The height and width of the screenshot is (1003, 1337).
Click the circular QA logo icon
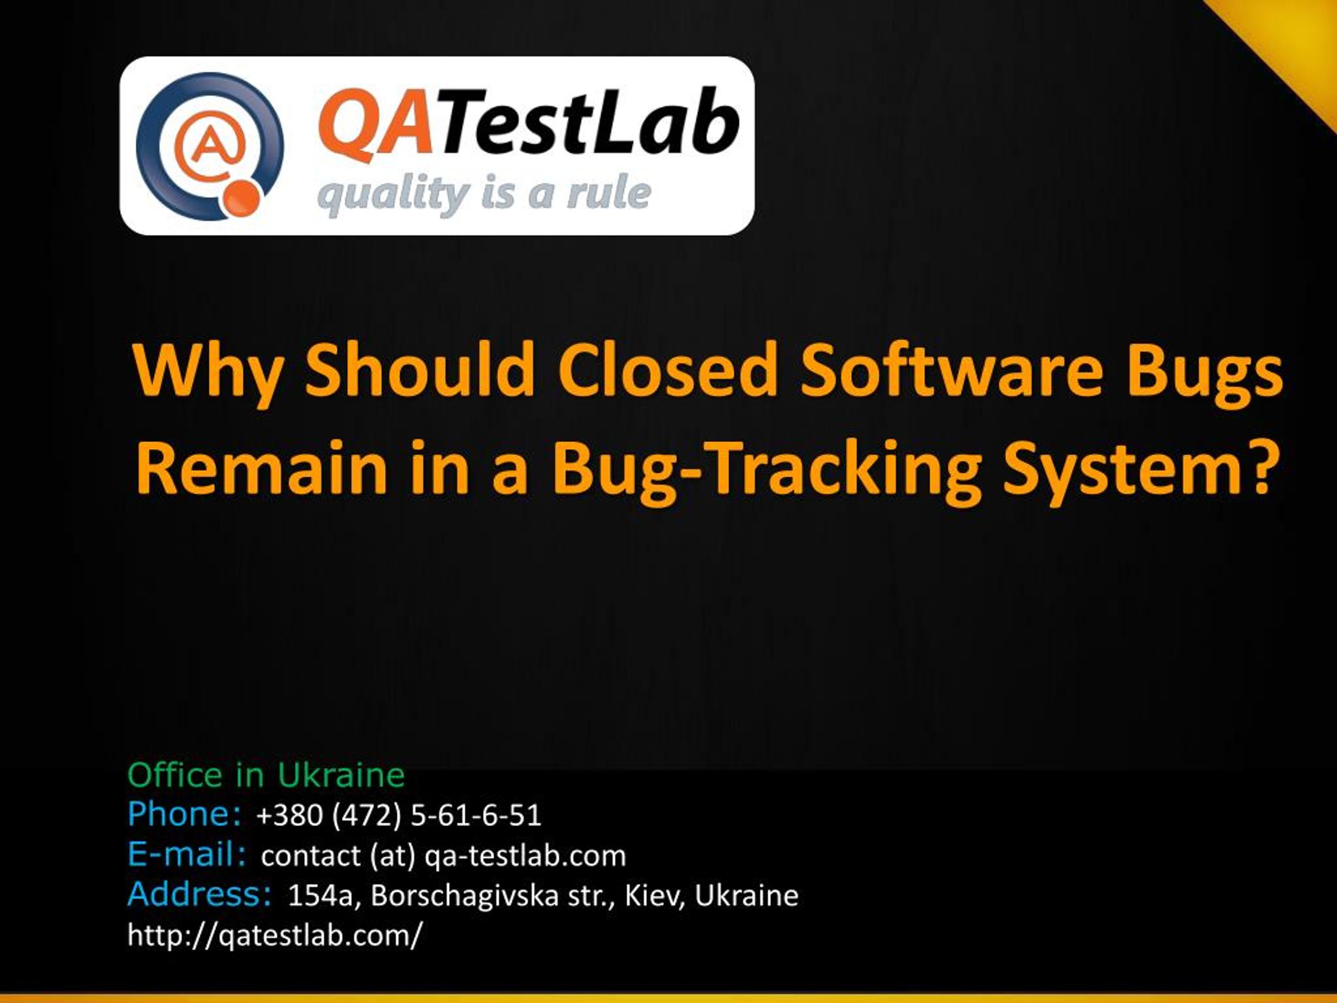pos(210,146)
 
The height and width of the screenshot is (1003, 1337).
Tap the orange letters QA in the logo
pos(375,124)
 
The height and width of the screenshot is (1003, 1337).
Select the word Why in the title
pos(208,371)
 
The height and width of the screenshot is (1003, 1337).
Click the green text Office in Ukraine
pos(265,775)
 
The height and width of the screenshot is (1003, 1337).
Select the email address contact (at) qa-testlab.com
pos(443,856)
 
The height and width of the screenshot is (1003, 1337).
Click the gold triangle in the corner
pos(1294,36)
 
